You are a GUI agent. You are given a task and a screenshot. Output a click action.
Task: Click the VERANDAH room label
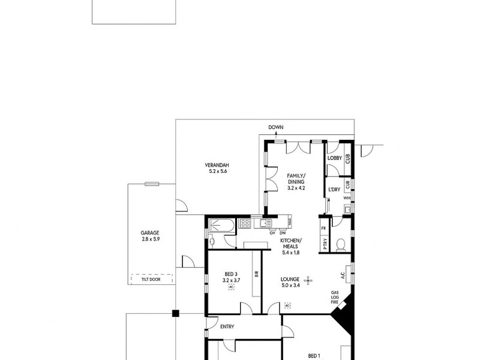pos(218,166)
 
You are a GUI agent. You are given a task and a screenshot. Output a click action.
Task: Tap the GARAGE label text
pos(150,233)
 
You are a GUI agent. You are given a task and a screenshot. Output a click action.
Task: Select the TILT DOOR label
pos(151,279)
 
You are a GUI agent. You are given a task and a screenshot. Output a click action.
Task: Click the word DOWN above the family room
pos(275,127)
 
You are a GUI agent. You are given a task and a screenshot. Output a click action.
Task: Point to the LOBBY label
pos(334,158)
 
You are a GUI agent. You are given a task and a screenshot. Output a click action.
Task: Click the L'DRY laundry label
pos(334,190)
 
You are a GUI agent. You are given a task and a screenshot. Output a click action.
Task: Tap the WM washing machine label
pos(347,198)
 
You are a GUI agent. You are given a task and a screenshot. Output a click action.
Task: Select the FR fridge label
pos(323,229)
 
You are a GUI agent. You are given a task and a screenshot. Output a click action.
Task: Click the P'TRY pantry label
pos(325,244)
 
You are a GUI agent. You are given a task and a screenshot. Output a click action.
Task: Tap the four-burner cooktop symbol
pos(245,224)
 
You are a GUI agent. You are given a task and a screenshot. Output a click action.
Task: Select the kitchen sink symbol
pos(265,224)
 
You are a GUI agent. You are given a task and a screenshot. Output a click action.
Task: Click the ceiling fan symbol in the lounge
pos(308,279)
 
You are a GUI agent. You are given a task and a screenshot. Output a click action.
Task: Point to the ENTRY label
pos(226,327)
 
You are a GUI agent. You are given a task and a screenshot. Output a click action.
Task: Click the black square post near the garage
pos(175,313)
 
